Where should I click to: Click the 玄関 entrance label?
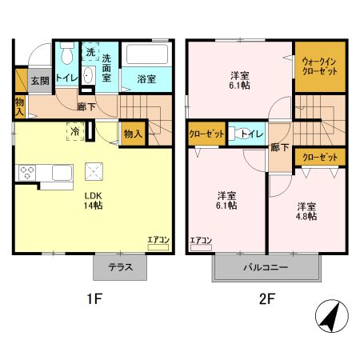38,80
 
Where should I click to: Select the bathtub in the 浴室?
146,58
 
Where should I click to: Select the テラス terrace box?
120,268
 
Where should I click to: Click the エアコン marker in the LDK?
158,239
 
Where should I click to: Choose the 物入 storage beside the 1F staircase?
132,134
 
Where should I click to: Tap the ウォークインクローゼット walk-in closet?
319,66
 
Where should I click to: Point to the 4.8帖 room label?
304,210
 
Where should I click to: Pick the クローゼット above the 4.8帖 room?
318,156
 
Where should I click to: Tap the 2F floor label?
266,302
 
